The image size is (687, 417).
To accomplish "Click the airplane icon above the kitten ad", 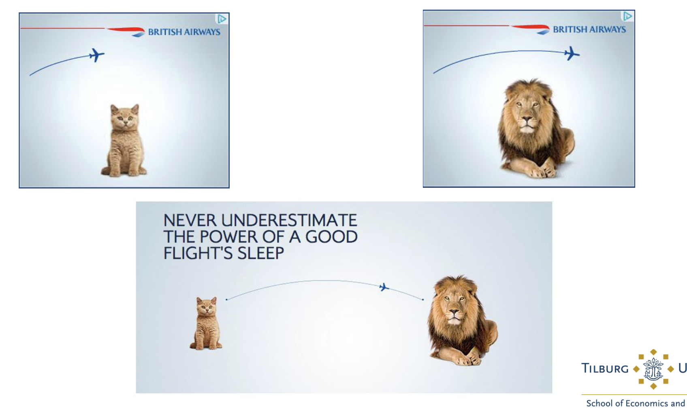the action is pos(97,55).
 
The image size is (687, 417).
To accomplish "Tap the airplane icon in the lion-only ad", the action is pos(572,53).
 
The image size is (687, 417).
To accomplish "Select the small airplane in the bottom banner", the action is pos(384,287).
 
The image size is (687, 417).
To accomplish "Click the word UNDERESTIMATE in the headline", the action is pos(289,220).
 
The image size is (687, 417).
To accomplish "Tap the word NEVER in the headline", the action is pos(190,220).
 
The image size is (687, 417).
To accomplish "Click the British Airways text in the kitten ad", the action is pos(184,32).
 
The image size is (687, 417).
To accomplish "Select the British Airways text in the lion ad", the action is pos(589,30).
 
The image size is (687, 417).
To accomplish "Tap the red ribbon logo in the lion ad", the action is pos(531,29).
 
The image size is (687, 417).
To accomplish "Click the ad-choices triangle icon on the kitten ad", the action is pos(222,19).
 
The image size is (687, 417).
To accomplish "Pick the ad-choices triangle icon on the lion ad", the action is pos(627,16).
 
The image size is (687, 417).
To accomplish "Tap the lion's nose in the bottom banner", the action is pos(454,313).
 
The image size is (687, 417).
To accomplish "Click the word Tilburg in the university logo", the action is pos(605,368).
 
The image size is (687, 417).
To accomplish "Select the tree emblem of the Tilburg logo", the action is pos(653,369).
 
